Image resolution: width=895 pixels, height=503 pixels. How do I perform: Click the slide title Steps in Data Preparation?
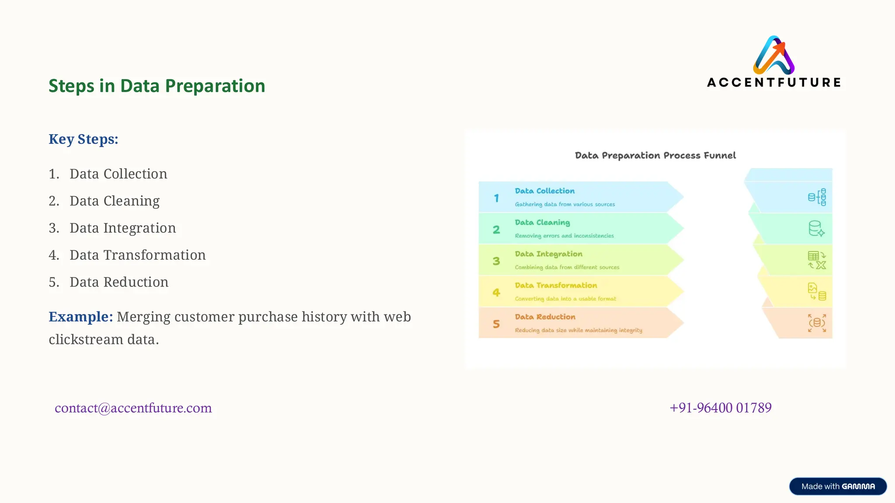[x=156, y=86]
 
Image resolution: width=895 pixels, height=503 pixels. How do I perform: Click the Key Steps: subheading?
[x=83, y=139]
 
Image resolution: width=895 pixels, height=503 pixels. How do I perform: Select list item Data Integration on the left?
[x=122, y=228]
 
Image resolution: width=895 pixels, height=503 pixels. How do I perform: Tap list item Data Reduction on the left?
[x=119, y=282]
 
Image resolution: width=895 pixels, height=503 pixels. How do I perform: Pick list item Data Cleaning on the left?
[x=114, y=201]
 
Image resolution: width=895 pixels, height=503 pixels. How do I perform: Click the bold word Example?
[x=81, y=317]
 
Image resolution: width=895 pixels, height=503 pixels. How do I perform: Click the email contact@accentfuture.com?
[x=133, y=408]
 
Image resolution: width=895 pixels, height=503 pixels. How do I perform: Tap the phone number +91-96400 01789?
[x=720, y=408]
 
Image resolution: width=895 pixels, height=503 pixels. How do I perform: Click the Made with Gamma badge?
[x=837, y=486]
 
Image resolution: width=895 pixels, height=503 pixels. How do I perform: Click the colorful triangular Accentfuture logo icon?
[x=774, y=55]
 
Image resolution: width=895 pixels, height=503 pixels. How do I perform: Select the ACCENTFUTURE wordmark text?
[x=774, y=83]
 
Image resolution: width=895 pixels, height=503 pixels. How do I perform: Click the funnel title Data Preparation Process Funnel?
[x=655, y=155]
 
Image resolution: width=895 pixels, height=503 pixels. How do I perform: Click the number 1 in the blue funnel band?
[x=496, y=198]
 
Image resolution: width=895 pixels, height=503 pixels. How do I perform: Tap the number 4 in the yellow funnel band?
[x=496, y=292]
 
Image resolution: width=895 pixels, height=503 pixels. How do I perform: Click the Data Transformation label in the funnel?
[x=556, y=285]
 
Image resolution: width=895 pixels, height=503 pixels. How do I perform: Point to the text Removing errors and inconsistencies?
[x=564, y=236]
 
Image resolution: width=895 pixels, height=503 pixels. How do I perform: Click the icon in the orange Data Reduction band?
[x=817, y=323]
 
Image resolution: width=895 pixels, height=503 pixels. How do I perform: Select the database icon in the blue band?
[x=817, y=197]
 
